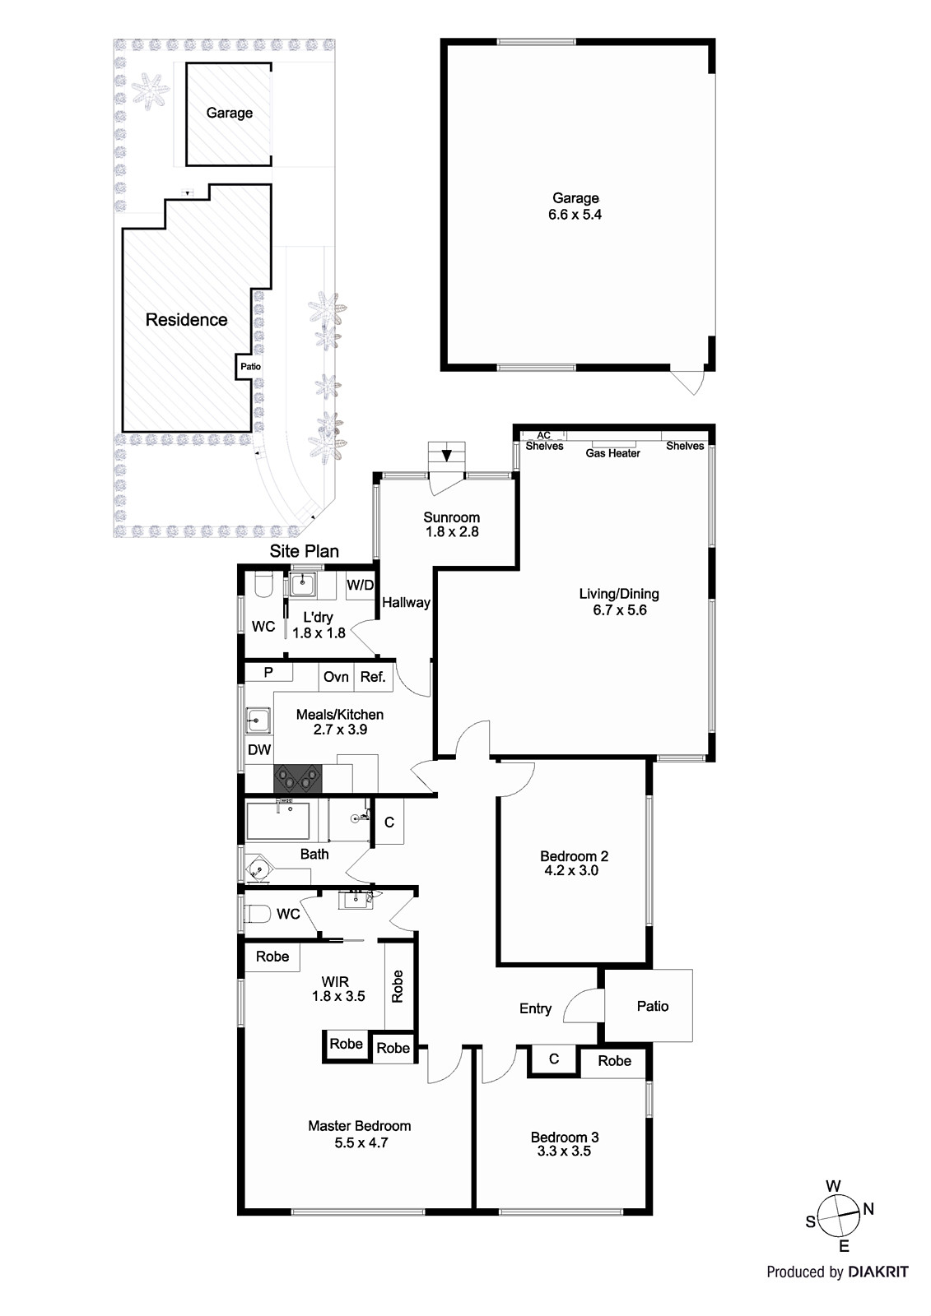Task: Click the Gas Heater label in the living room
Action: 612,453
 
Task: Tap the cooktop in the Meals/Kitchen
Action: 298,779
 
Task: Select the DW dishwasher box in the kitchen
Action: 258,749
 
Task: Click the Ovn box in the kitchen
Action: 336,677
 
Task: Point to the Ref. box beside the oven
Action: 373,677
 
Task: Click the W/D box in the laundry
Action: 360,585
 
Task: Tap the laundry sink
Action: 303,584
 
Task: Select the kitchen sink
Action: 258,721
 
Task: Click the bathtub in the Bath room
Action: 277,821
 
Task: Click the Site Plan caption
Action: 304,551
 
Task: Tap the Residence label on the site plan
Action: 186,320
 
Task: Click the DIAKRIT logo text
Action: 878,1288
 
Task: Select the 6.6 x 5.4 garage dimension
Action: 575,215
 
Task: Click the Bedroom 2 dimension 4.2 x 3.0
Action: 571,871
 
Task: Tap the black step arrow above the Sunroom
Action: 447,456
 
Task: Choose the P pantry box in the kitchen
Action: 268,672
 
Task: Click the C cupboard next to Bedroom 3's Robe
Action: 553,1059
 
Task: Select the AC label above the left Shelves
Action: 544,435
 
